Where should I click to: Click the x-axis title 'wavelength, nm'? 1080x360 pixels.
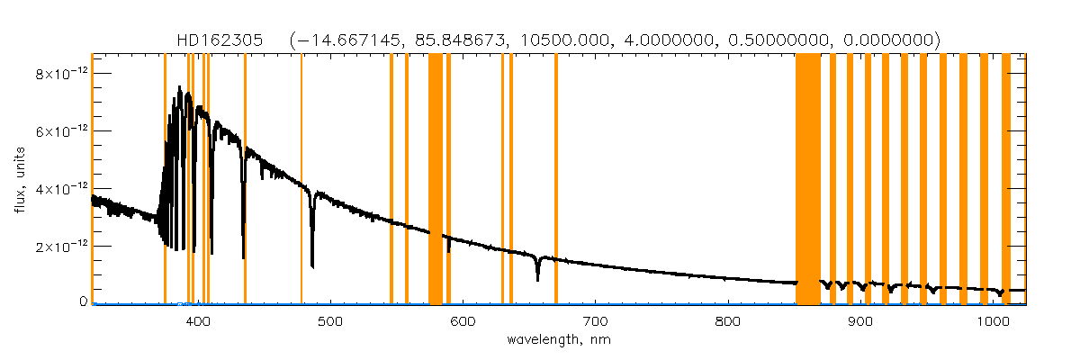tap(559, 340)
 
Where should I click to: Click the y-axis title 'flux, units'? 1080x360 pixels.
tap(19, 178)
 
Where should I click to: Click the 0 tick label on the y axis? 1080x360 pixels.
tap(81, 302)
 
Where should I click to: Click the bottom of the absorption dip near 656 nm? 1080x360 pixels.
tap(537, 279)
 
